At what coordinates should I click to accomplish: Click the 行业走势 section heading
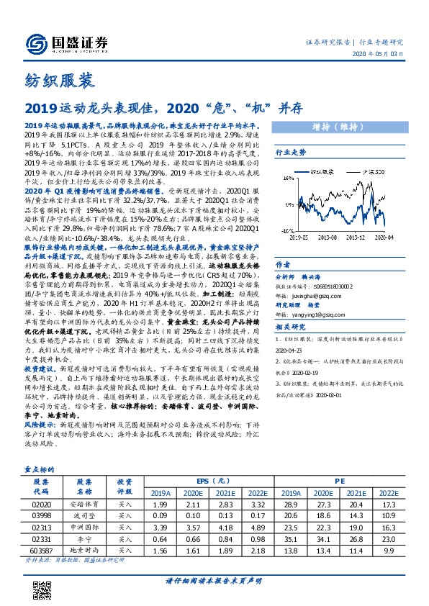pos(291,153)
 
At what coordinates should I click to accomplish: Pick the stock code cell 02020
pos(42,507)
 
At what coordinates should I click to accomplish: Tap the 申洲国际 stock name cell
pos(85,527)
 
